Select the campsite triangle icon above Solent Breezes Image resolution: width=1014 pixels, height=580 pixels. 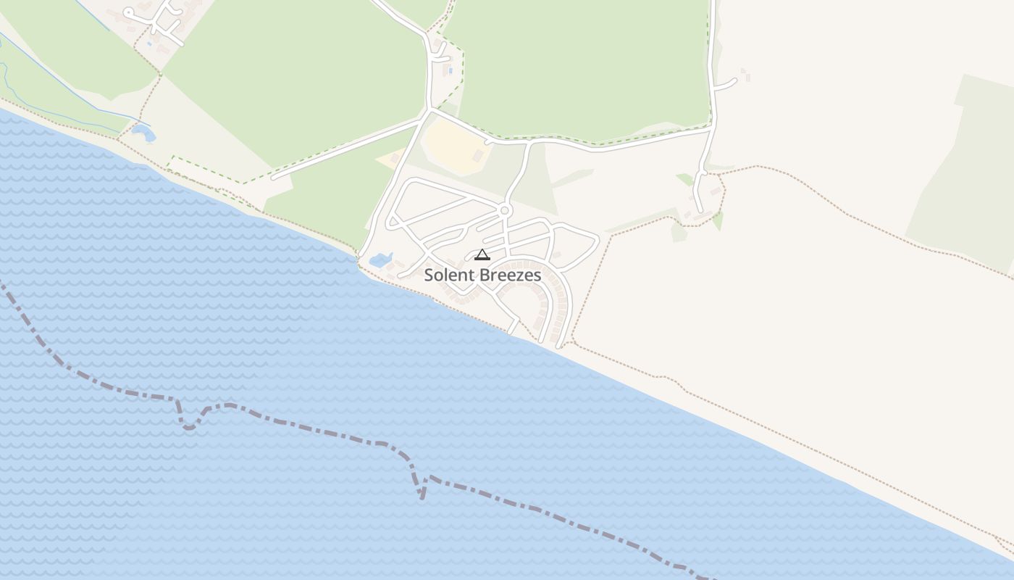click(482, 254)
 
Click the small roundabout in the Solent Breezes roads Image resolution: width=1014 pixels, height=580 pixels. click(506, 211)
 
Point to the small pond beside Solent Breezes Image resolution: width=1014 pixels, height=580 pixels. click(380, 259)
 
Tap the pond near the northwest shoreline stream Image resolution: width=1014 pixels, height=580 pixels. click(143, 133)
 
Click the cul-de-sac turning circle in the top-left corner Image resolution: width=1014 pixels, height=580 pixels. click(129, 12)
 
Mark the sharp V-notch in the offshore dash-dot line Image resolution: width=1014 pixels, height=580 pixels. click(422, 496)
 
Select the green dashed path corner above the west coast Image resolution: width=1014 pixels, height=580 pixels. click(172, 157)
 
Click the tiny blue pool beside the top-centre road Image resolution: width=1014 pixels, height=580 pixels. click(451, 70)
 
